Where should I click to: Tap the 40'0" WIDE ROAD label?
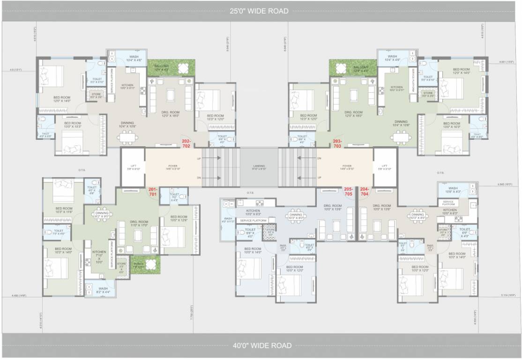click(x=262, y=346)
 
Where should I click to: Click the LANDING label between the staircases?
click(x=259, y=166)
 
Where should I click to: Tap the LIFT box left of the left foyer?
click(x=132, y=167)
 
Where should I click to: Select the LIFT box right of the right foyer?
click(x=385, y=167)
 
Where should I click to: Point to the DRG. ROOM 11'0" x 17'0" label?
click(x=139, y=224)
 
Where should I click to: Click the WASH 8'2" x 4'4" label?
click(x=103, y=290)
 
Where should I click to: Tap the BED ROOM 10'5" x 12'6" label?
click(x=179, y=218)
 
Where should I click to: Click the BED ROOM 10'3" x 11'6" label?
click(x=64, y=210)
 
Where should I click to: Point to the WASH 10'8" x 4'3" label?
click(x=453, y=190)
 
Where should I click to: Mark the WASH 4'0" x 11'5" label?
click(x=228, y=220)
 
